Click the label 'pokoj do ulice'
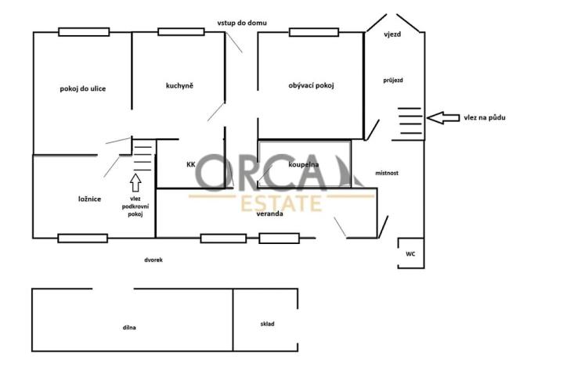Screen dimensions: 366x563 click(82, 88)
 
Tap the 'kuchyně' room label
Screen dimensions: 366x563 click(179, 85)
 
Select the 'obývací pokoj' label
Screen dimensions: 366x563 click(311, 85)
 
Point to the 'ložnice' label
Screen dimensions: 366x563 click(89, 199)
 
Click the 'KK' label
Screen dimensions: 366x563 click(190, 165)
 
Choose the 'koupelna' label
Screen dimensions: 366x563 click(303, 165)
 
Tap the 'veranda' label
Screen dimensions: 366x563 click(269, 213)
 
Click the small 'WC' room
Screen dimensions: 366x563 click(410, 254)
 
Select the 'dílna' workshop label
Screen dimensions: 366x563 click(129, 327)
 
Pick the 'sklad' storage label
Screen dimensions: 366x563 click(268, 323)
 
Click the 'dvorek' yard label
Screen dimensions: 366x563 click(153, 260)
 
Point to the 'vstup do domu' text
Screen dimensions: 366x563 click(242, 23)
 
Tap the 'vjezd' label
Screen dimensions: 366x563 click(392, 35)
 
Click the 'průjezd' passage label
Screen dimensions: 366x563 click(393, 80)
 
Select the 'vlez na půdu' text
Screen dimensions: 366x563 click(485, 117)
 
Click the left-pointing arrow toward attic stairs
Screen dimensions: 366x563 click(444, 118)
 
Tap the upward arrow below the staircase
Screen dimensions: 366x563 click(135, 183)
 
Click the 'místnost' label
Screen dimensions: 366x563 click(387, 173)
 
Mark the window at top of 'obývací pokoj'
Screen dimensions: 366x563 click(313, 32)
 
